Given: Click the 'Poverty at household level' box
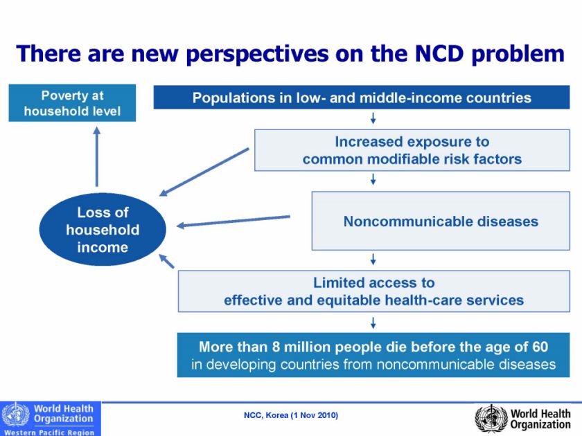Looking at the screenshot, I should click(x=72, y=102).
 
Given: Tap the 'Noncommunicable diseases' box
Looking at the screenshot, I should click(x=441, y=221).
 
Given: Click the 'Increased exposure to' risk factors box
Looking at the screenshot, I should click(x=412, y=150).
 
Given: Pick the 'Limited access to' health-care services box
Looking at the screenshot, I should click(x=373, y=291).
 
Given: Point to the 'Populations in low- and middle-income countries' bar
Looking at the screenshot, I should click(x=362, y=98).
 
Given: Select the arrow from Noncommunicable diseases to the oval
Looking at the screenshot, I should click(x=233, y=221).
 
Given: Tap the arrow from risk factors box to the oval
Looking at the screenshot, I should click(x=204, y=172).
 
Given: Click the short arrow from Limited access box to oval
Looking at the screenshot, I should click(x=167, y=260).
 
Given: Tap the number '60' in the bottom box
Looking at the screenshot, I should click(x=540, y=347).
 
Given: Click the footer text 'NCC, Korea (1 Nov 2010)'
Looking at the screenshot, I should click(x=291, y=416).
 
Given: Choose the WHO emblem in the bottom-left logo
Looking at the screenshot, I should click(x=15, y=415).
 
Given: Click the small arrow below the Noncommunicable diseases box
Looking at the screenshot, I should click(x=373, y=260).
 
